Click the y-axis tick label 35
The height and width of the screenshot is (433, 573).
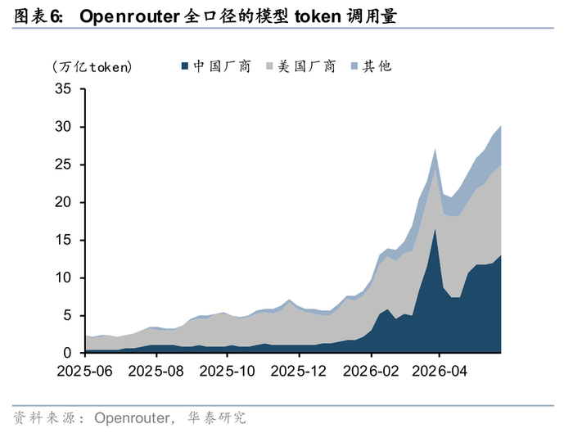coord(63,88)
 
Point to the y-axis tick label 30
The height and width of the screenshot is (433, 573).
coord(63,127)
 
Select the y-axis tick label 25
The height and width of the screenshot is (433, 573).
coord(63,165)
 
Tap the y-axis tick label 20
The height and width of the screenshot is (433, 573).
coord(63,202)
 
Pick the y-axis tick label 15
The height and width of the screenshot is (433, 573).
coord(63,240)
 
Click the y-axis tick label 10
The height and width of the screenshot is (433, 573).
coord(63,277)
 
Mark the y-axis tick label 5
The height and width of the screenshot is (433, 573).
coord(67,315)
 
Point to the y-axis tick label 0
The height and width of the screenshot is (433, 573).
coord(67,353)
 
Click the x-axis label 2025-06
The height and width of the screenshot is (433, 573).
coord(85,372)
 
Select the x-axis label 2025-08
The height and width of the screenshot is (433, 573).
coord(156,372)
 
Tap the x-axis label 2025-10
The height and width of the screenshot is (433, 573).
coord(227,372)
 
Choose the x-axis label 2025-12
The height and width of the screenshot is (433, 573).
coord(299,372)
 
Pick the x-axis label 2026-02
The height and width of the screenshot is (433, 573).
coord(371,372)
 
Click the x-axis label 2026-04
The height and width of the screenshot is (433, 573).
coord(440,372)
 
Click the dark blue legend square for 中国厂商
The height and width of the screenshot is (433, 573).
coord(185,66)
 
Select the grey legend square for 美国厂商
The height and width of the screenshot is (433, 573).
coord(269,66)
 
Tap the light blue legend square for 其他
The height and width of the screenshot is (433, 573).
coord(354,66)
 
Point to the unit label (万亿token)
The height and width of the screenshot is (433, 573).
coord(92,67)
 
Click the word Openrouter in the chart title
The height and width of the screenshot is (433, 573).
coord(129,17)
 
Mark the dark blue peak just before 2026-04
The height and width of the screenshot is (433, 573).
coord(435,229)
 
